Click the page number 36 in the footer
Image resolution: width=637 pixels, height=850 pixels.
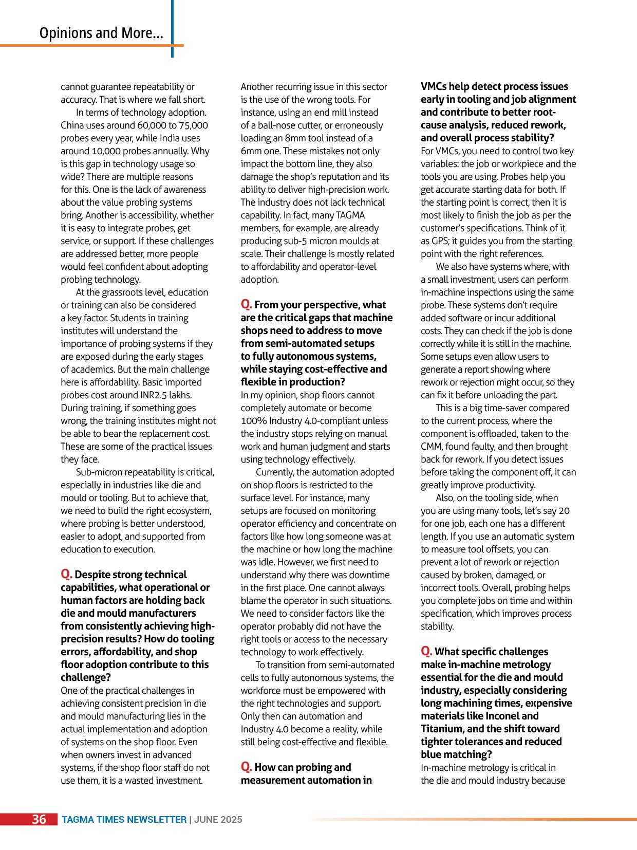(39, 819)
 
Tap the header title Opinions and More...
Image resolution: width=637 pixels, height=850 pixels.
(101, 33)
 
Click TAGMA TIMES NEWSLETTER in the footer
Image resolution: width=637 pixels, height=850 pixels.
(124, 820)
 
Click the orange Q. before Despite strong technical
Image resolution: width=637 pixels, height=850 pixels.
(67, 574)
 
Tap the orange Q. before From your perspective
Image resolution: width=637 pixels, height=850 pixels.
(247, 304)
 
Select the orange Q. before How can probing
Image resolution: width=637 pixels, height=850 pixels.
(247, 767)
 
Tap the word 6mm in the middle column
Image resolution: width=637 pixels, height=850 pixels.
(252, 151)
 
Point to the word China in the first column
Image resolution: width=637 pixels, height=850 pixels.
(73, 125)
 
